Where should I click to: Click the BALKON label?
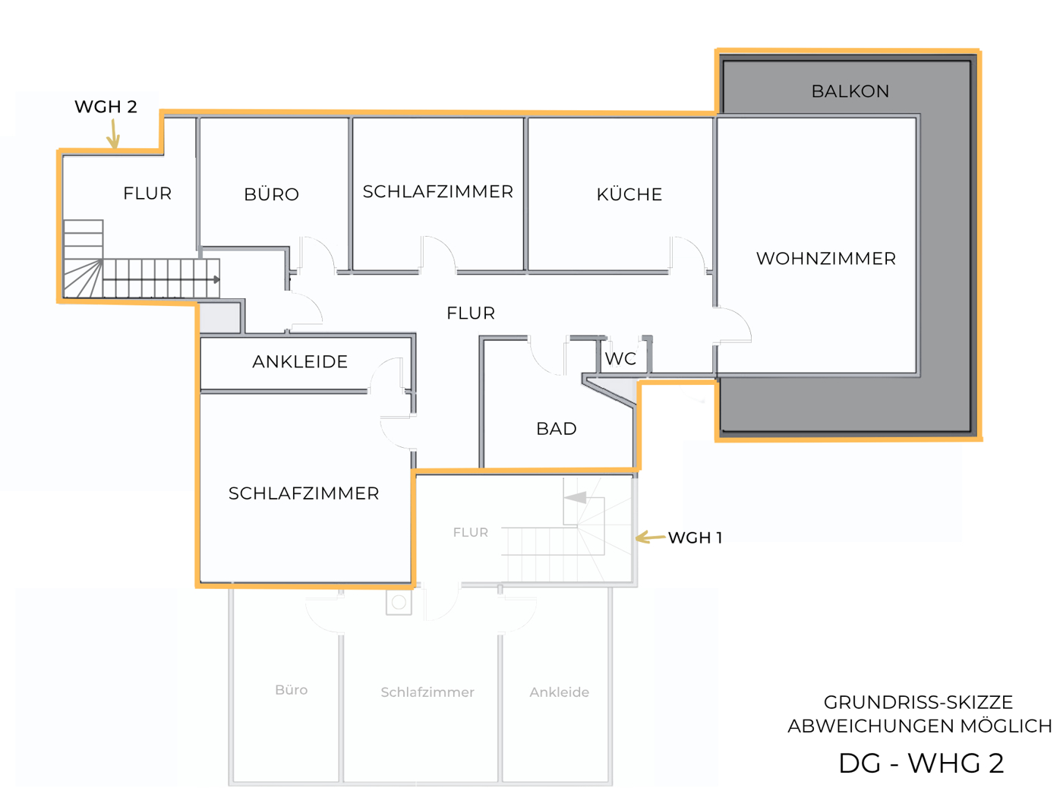pos(850,91)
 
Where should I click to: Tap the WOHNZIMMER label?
pos(825,259)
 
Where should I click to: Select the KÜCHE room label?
pos(629,194)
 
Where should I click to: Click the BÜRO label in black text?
pos(271,194)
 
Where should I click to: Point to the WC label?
pos(620,359)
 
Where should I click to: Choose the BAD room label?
pos(556,429)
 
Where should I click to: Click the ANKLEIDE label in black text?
pos(299,362)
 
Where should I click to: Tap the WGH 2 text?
pos(106,107)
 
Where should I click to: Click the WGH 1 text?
pos(695,538)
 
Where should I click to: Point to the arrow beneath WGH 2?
pos(113,134)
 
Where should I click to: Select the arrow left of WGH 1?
pos(649,537)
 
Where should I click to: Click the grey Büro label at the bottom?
pos(291,690)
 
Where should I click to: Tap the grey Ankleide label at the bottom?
pos(559,692)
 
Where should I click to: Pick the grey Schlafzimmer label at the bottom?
pos(427,692)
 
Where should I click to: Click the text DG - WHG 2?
pos(920,763)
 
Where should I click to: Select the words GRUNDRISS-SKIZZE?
pos(918,702)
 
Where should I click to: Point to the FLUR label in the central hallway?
pos(470,313)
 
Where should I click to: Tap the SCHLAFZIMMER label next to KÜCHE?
pos(437,192)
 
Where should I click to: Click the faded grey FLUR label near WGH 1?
pos(470,533)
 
